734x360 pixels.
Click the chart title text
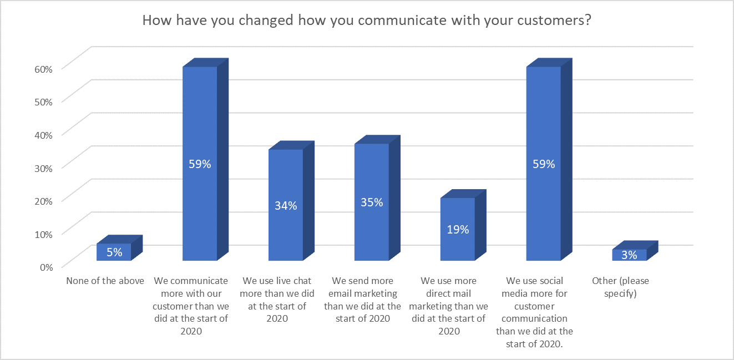point(366,21)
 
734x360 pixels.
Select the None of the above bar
point(114,252)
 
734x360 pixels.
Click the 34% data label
point(286,205)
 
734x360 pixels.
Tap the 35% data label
point(372,202)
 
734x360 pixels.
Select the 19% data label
point(458,229)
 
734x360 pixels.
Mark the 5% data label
point(114,252)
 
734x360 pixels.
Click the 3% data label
point(629,255)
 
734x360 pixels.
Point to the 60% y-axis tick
point(43,69)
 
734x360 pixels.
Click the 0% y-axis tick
point(45,266)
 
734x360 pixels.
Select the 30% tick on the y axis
point(43,168)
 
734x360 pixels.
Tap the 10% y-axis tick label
point(43,234)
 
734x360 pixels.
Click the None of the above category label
point(105,281)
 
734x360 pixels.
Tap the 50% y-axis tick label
point(43,102)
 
